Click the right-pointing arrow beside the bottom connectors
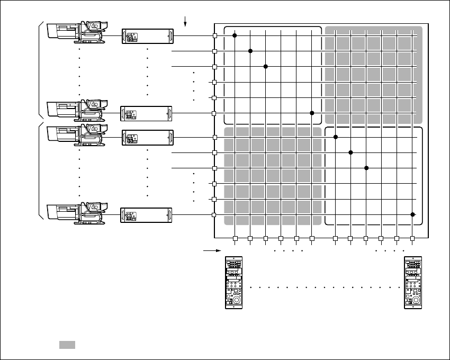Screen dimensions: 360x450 click(x=210, y=248)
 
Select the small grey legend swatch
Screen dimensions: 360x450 click(x=67, y=345)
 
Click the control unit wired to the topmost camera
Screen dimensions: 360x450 click(x=148, y=36)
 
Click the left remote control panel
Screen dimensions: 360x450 click(x=233, y=283)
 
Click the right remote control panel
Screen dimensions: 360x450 click(x=413, y=283)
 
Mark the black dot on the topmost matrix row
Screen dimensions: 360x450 click(x=235, y=35)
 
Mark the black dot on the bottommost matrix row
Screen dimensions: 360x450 click(x=412, y=214)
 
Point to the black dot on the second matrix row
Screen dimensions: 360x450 click(x=250, y=51)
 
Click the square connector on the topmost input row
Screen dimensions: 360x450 click(x=215, y=35)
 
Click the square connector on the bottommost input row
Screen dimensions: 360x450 click(x=215, y=214)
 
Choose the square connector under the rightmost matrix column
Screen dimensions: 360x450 click(x=412, y=238)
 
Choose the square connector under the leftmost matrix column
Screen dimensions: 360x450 click(x=235, y=238)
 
